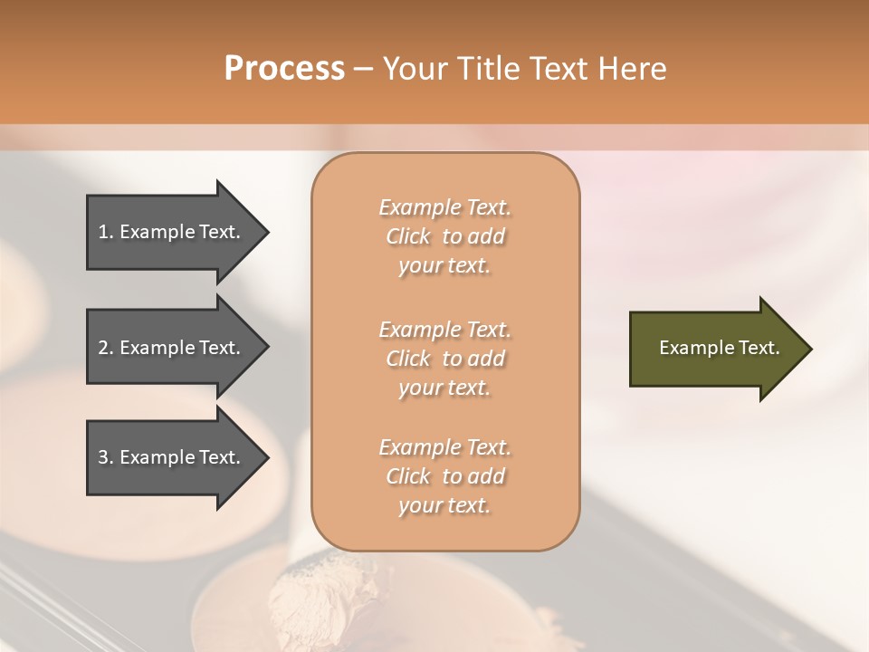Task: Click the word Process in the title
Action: [284, 69]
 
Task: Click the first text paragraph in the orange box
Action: [444, 236]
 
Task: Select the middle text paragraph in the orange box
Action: [444, 358]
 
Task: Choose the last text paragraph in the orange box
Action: [444, 476]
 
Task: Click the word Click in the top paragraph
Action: [408, 236]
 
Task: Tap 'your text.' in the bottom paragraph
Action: [444, 505]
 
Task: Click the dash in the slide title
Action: [364, 69]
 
